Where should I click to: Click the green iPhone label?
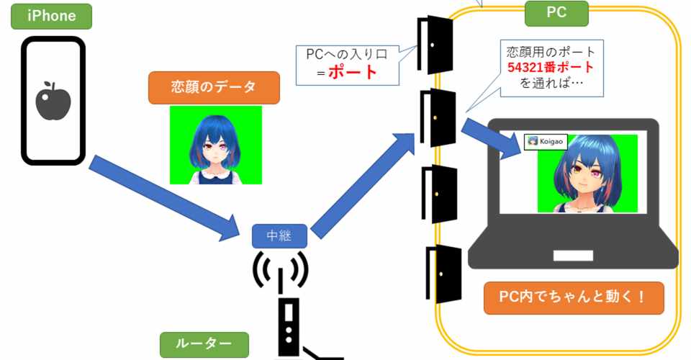tap(52, 16)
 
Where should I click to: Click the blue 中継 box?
tap(280, 235)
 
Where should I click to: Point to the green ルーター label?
tap(203, 344)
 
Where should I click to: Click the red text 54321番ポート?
tap(551, 68)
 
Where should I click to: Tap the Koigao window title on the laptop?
tap(545, 142)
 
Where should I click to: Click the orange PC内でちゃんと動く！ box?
tap(573, 298)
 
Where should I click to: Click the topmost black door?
tap(436, 45)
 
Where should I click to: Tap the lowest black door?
tap(442, 274)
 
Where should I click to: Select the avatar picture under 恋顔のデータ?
tap(216, 145)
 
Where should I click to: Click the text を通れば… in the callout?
tap(551, 84)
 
